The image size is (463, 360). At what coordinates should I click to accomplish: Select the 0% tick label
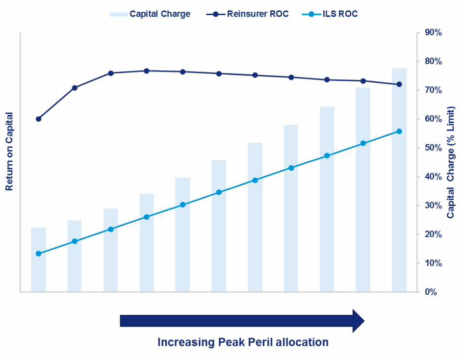(x=431, y=292)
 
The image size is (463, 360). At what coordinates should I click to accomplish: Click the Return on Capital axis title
(x=9, y=152)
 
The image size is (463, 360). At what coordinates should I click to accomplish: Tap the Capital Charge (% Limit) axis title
(x=451, y=162)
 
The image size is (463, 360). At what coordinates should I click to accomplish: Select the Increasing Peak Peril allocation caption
(x=243, y=342)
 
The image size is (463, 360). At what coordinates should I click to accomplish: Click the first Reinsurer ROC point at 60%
(x=38, y=119)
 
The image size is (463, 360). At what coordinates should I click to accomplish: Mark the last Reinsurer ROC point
(x=399, y=84)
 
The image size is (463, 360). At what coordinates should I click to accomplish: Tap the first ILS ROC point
(x=38, y=254)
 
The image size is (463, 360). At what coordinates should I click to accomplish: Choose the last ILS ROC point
(x=399, y=131)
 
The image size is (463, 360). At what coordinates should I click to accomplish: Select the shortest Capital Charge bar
(x=38, y=260)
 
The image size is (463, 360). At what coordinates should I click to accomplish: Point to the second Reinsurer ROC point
(x=75, y=88)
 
